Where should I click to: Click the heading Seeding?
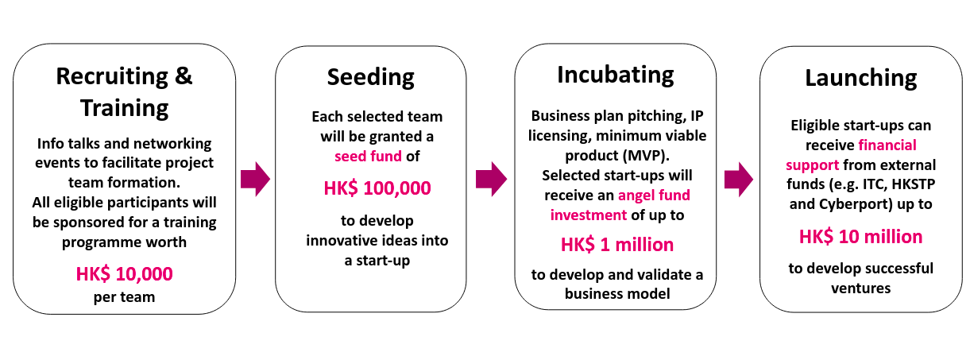coord(371,78)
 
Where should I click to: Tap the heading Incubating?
coord(616,75)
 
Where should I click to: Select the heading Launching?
coord(861,79)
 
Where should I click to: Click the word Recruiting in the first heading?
coord(112,77)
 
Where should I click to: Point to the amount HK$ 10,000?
coord(124,274)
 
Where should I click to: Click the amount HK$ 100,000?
coord(377,188)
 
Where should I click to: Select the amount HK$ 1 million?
coord(617,245)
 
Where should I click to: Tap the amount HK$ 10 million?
coord(861,237)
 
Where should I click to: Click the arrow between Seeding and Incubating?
coord(491,179)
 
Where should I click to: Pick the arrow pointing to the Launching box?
coord(738,180)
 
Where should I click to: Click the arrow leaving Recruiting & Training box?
coord(255,179)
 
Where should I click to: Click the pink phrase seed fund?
coord(368,156)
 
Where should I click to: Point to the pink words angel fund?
coord(654,195)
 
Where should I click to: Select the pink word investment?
coord(589,215)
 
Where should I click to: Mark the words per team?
coord(124,297)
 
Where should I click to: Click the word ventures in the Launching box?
coord(861,288)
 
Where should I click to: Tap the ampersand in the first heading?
coord(184,76)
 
